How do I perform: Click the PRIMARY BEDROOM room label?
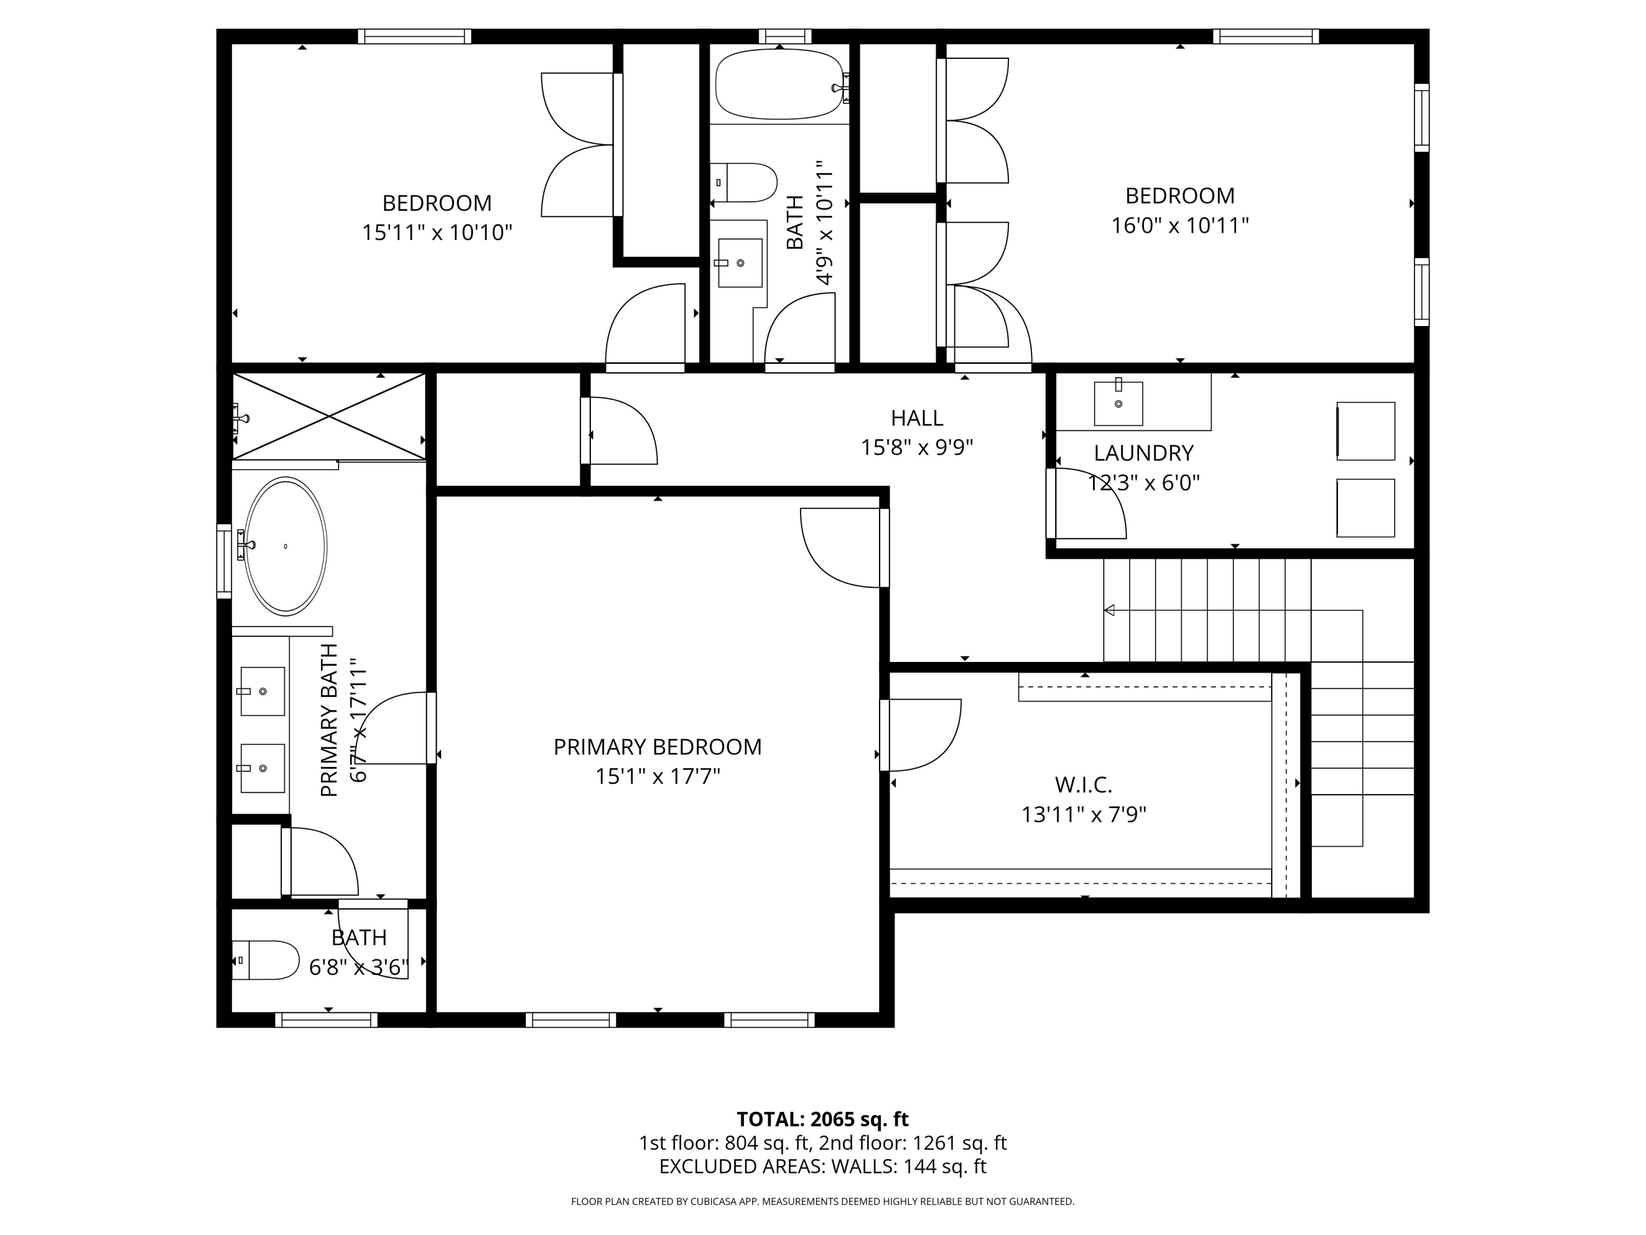[657, 746]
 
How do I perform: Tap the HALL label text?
[917, 418]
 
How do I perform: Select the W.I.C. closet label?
[1084, 784]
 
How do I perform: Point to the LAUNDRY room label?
[1144, 453]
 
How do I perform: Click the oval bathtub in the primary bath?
[286, 546]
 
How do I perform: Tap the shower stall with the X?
[329, 416]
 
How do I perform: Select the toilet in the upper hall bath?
[743, 182]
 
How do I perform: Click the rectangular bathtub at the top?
[779, 84]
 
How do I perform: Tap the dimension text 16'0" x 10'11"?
[1180, 226]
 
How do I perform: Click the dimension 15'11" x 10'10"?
[437, 233]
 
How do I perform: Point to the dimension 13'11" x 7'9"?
[1084, 815]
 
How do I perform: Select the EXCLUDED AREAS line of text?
[822, 1166]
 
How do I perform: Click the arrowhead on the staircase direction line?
[1109, 610]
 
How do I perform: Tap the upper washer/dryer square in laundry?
[1366, 431]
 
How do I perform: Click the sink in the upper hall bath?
[739, 263]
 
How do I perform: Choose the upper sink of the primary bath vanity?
[261, 692]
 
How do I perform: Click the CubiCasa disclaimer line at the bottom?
[822, 1202]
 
